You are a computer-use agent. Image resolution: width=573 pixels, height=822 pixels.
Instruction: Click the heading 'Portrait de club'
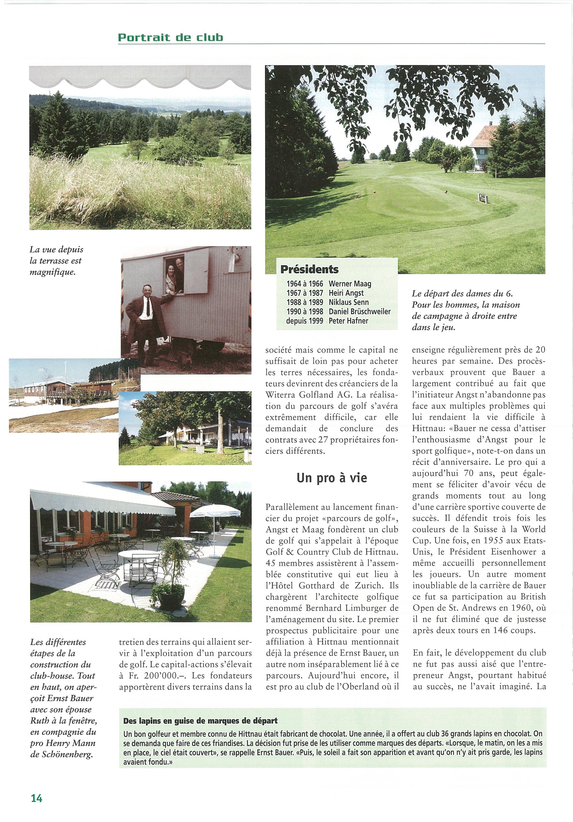[170, 38]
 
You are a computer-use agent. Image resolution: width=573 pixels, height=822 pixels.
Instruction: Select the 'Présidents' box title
[309, 269]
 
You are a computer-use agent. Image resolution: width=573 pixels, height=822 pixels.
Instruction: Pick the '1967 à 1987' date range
[305, 293]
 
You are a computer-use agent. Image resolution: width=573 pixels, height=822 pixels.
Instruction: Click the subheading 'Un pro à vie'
[332, 478]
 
